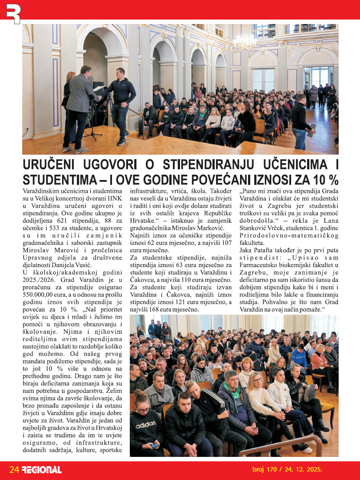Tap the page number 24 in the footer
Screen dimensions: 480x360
click(x=14, y=469)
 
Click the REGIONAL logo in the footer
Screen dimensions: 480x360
click(x=42, y=469)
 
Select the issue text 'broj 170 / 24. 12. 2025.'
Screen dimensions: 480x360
click(x=287, y=469)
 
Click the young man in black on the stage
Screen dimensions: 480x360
click(x=119, y=104)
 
